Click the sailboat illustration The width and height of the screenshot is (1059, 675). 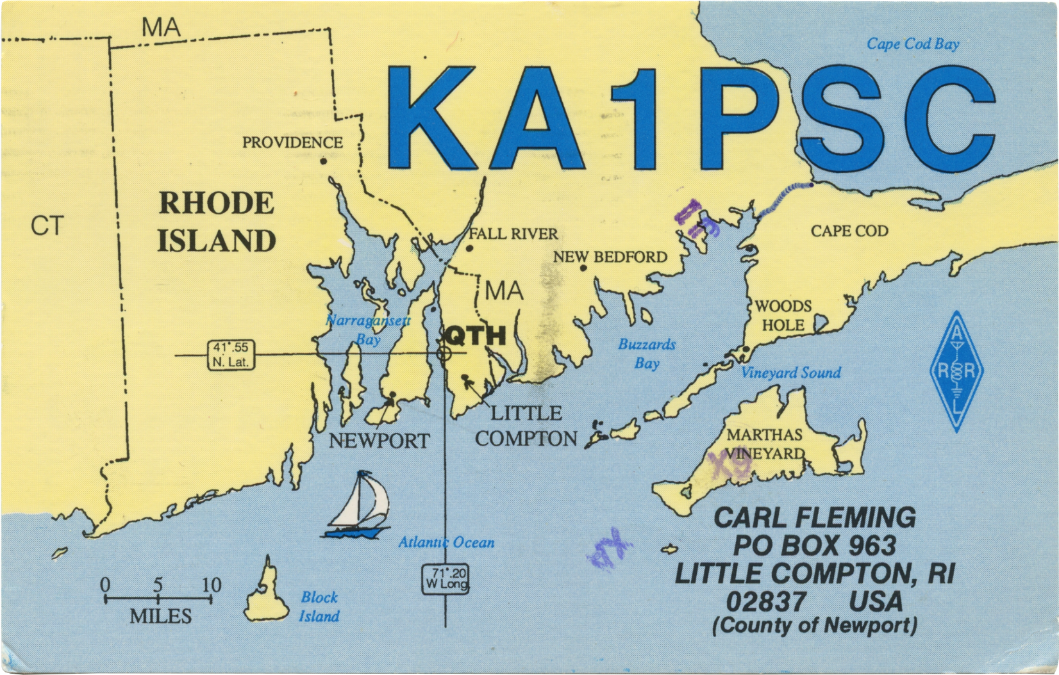pyautogui.click(x=358, y=506)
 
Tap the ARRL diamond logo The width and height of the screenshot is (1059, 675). pyautogui.click(x=956, y=372)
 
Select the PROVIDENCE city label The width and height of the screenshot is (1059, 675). pyautogui.click(x=292, y=143)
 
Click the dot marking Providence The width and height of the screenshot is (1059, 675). pyautogui.click(x=324, y=161)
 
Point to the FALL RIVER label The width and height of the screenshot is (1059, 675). pyautogui.click(x=513, y=234)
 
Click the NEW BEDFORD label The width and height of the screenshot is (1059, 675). pyautogui.click(x=610, y=257)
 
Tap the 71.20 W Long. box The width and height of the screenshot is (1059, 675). pyautogui.click(x=446, y=578)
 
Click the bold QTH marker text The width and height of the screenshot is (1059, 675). pyautogui.click(x=476, y=336)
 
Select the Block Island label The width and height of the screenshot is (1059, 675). pyautogui.click(x=319, y=606)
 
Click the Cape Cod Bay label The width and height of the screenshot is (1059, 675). pyautogui.click(x=913, y=44)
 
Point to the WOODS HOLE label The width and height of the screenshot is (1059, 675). pyautogui.click(x=783, y=316)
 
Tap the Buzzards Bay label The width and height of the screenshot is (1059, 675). pyautogui.click(x=647, y=354)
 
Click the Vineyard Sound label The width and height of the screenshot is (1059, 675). pyautogui.click(x=791, y=373)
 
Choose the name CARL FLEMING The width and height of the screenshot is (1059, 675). pyautogui.click(x=815, y=517)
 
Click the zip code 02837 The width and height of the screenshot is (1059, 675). pyautogui.click(x=765, y=601)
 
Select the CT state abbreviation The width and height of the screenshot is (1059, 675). pyautogui.click(x=47, y=226)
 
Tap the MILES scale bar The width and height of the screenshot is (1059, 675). pyautogui.click(x=158, y=599)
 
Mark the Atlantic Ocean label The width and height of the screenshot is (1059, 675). pyautogui.click(x=446, y=542)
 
